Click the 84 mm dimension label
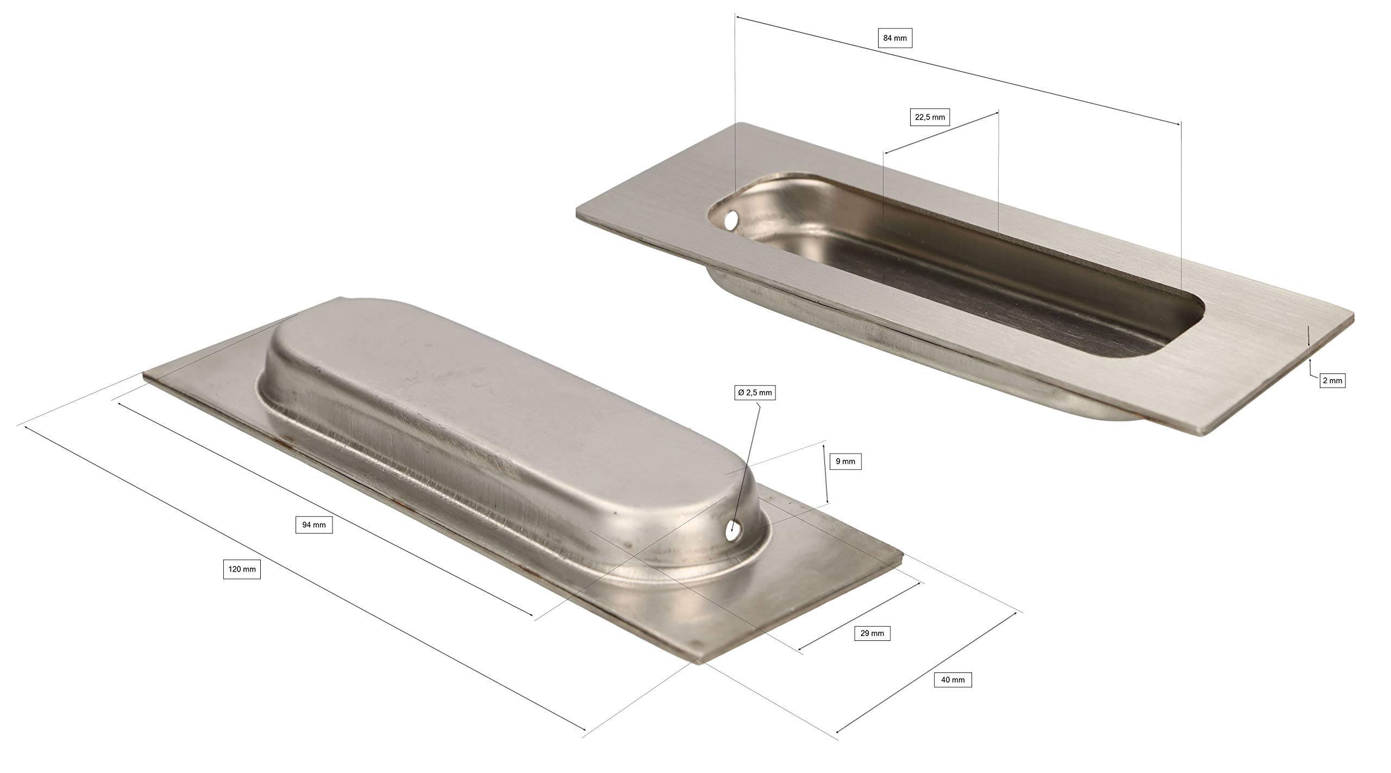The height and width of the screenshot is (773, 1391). coord(895,38)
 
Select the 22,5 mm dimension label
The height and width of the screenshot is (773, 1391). coord(930,117)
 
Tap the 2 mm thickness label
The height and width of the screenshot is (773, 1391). coord(1332,381)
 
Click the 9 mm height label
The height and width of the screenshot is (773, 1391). coord(845,461)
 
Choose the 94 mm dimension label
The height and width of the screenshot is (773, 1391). coord(314,525)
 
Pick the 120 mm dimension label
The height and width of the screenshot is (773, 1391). coord(242,570)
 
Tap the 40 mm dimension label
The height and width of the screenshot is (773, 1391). coord(953,680)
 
